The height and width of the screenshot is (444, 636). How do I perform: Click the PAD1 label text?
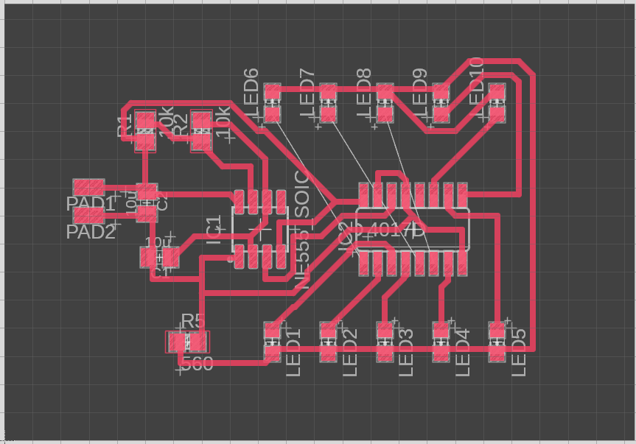point(91,204)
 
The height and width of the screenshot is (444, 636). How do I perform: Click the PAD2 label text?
point(91,232)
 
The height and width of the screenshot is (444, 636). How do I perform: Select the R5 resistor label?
point(192,321)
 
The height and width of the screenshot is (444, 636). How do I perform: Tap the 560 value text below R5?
point(197,363)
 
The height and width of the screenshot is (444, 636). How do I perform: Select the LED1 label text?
point(293,353)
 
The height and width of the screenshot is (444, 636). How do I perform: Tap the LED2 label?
point(349,353)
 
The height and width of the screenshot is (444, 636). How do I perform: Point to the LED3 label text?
point(405,353)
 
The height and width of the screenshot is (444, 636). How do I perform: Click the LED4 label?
point(462,353)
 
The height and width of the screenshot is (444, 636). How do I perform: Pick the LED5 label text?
point(519,353)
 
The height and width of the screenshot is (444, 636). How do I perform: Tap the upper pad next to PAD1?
point(88,187)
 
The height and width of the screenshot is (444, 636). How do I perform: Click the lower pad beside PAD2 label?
point(88,216)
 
